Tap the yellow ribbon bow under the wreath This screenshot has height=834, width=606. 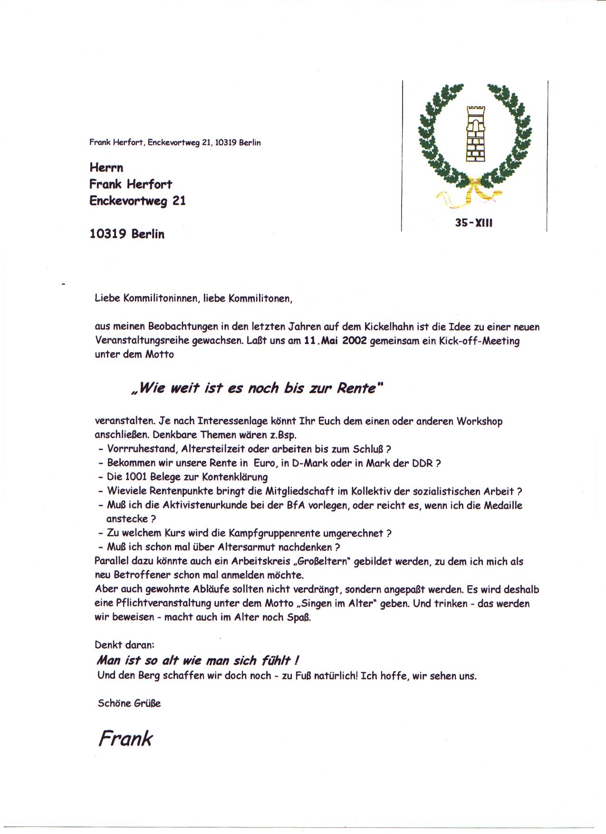point(471,192)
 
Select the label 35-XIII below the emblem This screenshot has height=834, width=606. point(474,222)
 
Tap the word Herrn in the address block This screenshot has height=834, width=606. point(106,168)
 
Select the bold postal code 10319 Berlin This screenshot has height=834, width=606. point(127,234)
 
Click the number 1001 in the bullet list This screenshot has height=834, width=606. point(140,477)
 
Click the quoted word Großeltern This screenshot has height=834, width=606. point(323,561)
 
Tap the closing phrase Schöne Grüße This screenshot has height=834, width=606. point(129,703)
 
